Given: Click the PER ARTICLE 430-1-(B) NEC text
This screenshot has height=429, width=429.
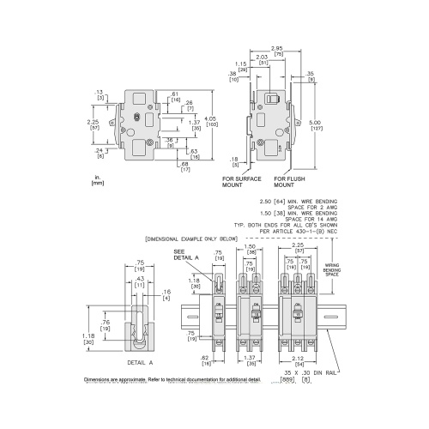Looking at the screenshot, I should pyautogui.click(x=298, y=229).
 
